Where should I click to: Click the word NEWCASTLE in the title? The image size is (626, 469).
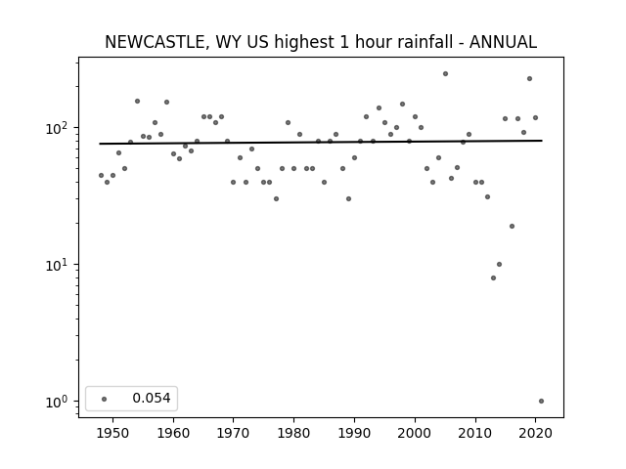(x=155, y=42)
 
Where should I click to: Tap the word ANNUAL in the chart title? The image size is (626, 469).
(x=503, y=42)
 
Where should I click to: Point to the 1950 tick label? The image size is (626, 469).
(x=112, y=433)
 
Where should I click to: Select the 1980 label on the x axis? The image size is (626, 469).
(x=293, y=433)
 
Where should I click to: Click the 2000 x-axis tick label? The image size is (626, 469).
(x=415, y=433)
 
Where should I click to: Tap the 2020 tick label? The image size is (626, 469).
(x=535, y=433)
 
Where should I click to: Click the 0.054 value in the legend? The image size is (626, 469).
(x=152, y=398)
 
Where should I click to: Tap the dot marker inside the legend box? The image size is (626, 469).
(x=105, y=399)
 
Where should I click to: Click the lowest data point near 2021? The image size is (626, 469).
(x=541, y=402)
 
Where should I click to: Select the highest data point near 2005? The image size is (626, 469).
(x=446, y=74)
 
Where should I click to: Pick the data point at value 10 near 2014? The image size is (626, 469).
(x=499, y=265)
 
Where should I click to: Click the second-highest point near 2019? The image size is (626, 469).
(x=530, y=79)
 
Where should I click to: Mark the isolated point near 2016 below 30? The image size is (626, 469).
(x=512, y=226)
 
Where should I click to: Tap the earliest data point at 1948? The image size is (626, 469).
(x=101, y=176)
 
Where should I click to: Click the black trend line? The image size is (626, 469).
(x=321, y=142)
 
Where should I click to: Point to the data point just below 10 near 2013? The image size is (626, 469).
(x=493, y=277)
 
